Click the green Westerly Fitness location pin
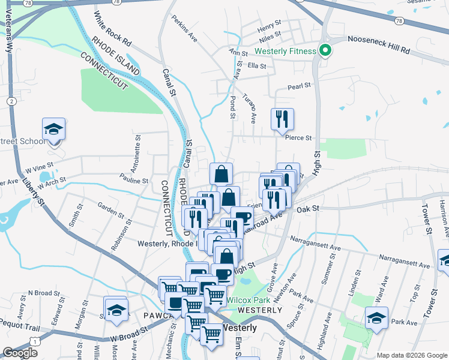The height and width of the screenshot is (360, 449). (x=325, y=50)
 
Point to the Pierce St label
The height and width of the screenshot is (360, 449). (x=300, y=137)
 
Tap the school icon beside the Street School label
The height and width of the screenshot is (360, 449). (x=53, y=130)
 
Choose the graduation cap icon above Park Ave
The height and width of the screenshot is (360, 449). (x=376, y=317)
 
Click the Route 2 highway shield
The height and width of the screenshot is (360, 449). (x=11, y=101)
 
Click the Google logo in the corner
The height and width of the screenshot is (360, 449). (x=20, y=353)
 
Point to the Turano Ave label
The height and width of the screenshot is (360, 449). (x=250, y=106)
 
